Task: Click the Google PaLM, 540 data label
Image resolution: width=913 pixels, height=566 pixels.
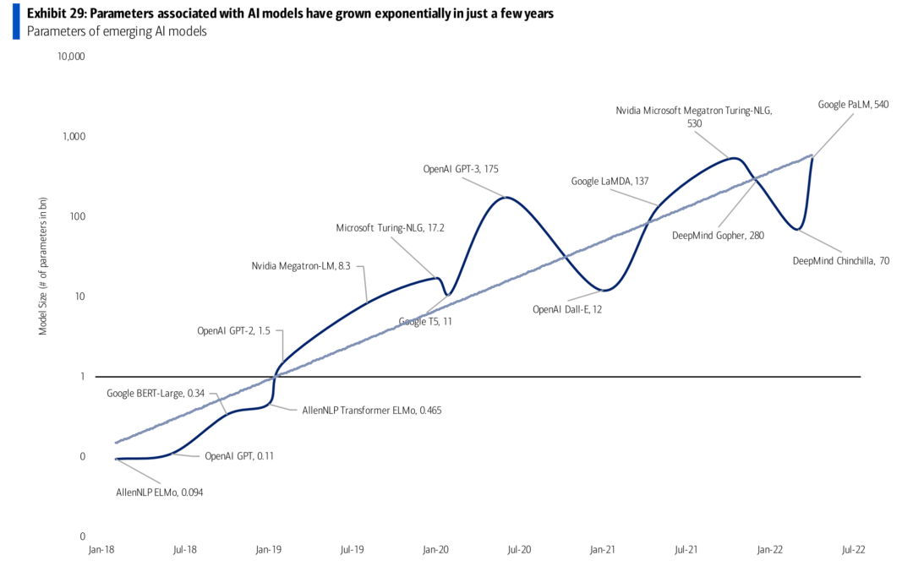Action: coord(853,105)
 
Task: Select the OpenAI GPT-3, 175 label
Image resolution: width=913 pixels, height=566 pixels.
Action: coord(461,169)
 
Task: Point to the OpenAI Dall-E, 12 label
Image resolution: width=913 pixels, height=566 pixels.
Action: coord(566,309)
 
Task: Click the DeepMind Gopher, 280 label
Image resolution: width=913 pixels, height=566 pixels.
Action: coord(717,236)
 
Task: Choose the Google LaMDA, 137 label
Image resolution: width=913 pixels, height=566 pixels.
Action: coord(610,181)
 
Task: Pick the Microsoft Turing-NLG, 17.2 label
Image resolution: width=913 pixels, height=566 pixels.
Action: coord(390,227)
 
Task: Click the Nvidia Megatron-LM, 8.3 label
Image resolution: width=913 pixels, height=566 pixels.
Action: coord(301,266)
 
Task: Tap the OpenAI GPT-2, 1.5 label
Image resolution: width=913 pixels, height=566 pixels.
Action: coord(233,331)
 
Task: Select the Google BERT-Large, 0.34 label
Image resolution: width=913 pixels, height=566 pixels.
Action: coord(156,394)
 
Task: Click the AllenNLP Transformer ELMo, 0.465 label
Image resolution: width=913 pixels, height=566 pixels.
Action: coord(372,410)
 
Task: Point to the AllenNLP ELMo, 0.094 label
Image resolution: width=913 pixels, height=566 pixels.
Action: coord(160,493)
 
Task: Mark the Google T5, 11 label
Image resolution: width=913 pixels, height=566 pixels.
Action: coord(425,322)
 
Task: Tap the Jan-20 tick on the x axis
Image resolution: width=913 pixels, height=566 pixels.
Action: coord(435,549)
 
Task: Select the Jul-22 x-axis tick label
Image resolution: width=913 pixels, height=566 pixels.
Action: coord(854,549)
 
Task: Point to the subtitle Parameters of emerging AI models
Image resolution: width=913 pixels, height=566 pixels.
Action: coord(117,32)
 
